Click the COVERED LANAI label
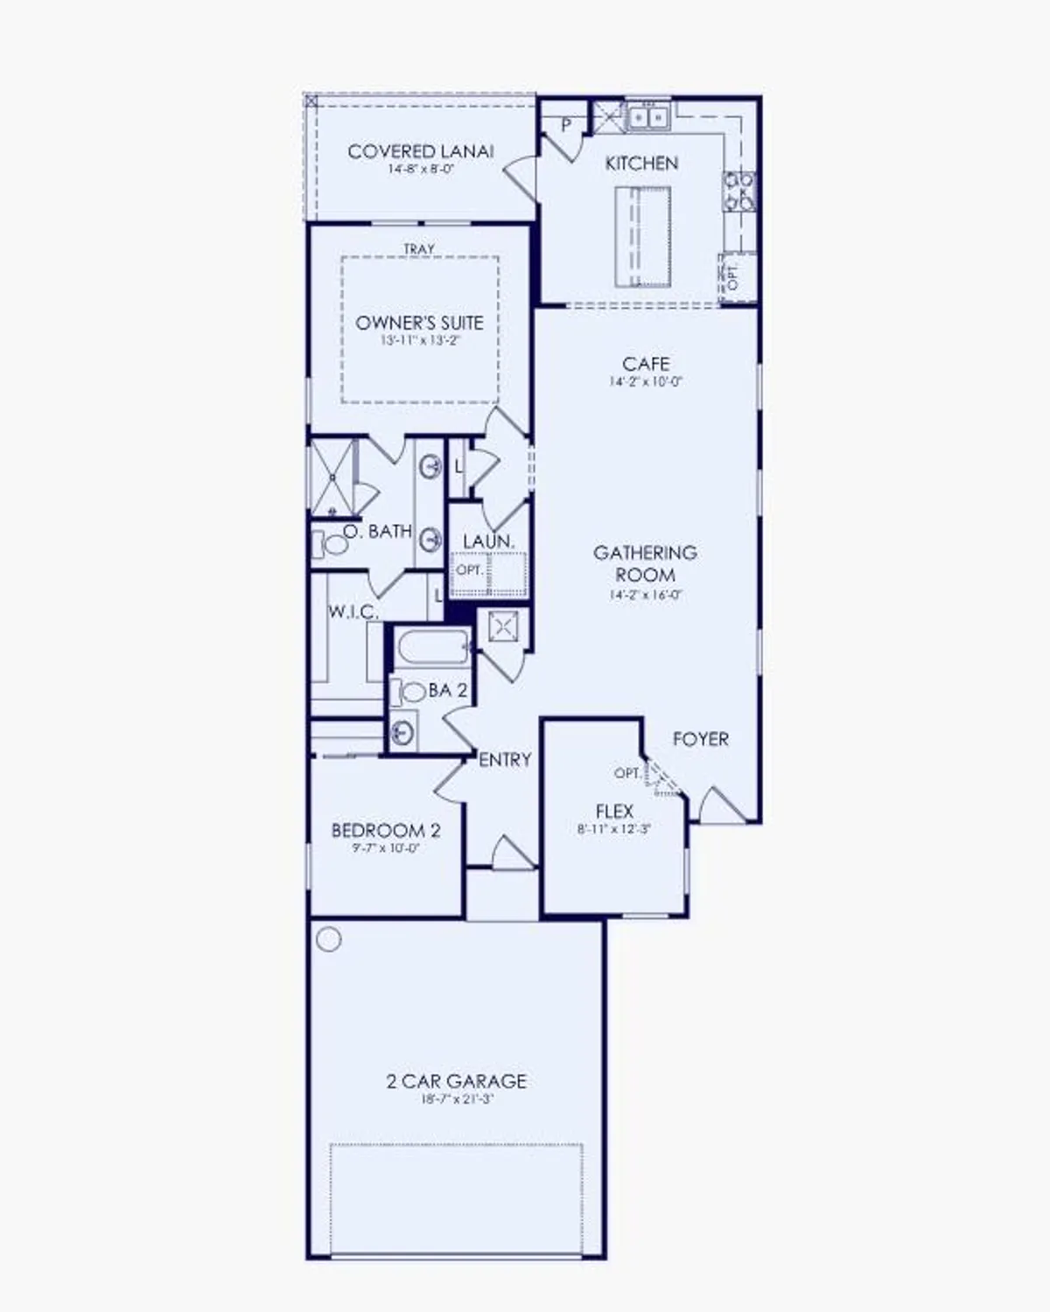point(420,151)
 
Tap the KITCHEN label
point(641,164)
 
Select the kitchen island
point(642,236)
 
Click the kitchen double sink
point(647,116)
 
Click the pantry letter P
point(566,125)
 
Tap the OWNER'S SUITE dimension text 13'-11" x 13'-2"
point(420,340)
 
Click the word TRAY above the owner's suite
point(419,249)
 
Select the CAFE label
point(646,364)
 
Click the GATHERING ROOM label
point(645,563)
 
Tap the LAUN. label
point(488,542)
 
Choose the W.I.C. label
point(353,612)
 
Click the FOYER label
point(700,739)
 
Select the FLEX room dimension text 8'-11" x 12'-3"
point(614,829)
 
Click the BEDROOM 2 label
point(385,830)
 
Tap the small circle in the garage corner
point(329,939)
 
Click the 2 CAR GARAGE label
point(456,1081)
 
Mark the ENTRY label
point(505,760)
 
